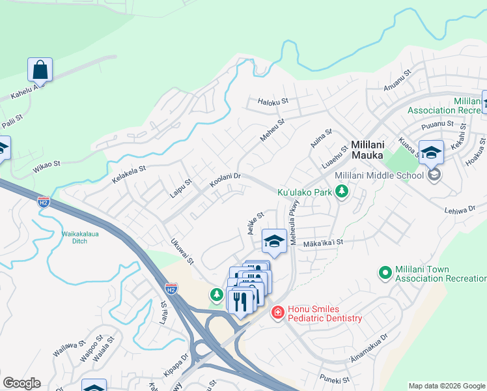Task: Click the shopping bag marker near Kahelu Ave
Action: (x=40, y=70)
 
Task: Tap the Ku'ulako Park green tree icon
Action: (x=341, y=192)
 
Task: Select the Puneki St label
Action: (x=335, y=379)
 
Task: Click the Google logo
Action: (x=21, y=383)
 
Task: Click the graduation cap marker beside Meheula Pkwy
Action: (x=274, y=241)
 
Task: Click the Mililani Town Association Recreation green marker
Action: (x=385, y=272)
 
